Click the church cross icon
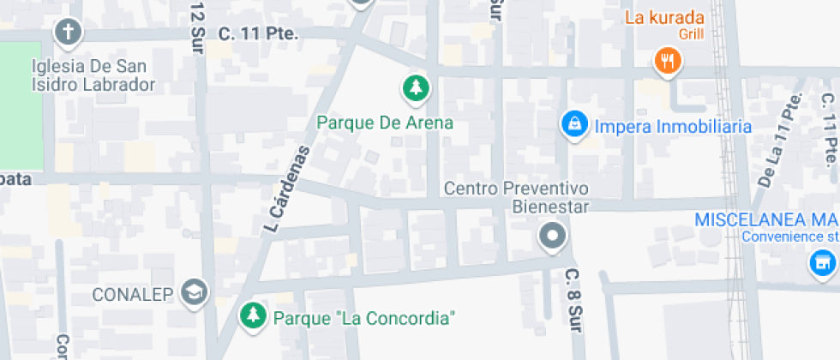coord(68,33)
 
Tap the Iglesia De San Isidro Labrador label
coord(93,75)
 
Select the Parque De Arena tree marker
coord(416,87)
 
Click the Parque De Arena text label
coord(385,123)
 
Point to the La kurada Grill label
coord(664,24)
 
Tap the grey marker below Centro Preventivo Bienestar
coord(553,235)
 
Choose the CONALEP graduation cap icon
coord(196,294)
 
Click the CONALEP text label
coord(133,295)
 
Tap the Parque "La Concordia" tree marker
coord(252,316)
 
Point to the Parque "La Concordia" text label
coord(363,318)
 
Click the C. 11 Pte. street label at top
coord(258,34)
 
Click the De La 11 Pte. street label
coord(775,140)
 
